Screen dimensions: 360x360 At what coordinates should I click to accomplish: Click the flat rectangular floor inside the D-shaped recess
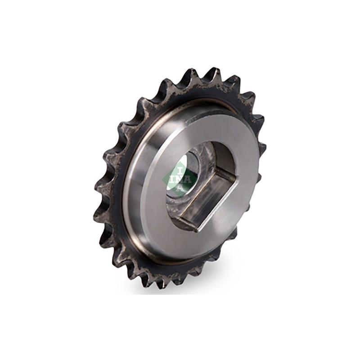click(202, 198)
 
